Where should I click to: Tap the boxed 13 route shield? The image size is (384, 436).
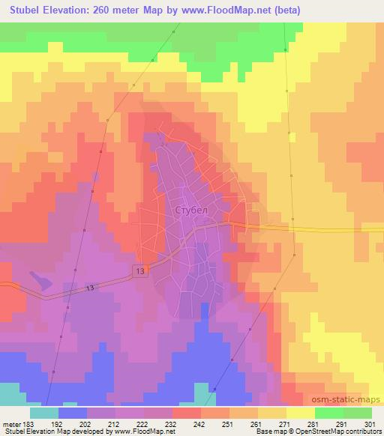[x=140, y=270]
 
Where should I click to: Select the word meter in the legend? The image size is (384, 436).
[x=11, y=423]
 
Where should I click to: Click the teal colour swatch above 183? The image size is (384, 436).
[x=43, y=412]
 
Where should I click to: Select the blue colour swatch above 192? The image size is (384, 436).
[x=72, y=412]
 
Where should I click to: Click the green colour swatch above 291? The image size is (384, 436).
[x=328, y=412]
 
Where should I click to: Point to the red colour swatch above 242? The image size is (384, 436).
[x=186, y=412]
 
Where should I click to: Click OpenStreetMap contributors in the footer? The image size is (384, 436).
[x=337, y=432]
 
